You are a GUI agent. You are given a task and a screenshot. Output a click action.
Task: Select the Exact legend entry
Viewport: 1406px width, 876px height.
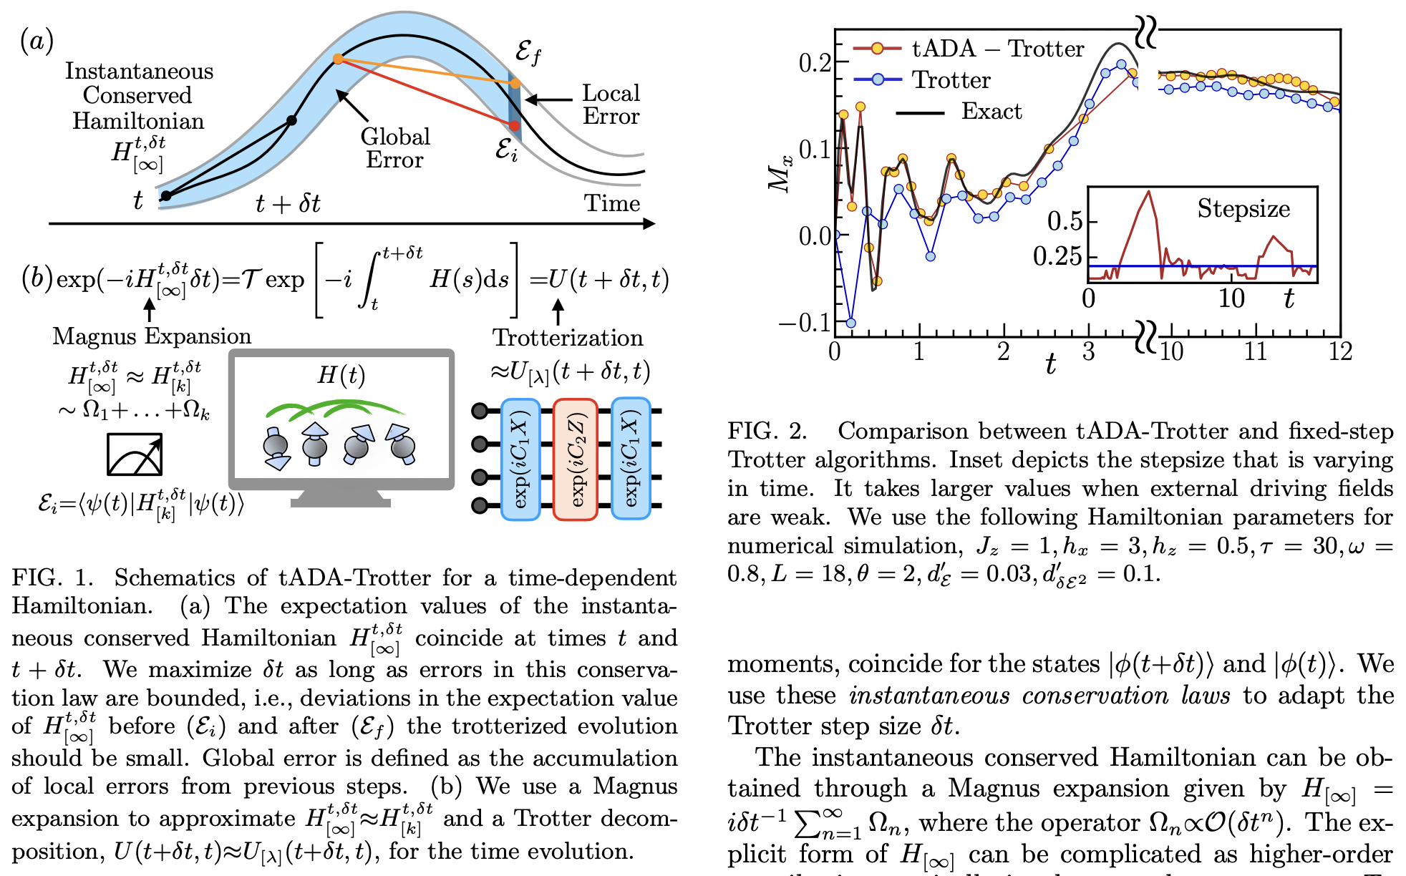click(x=991, y=112)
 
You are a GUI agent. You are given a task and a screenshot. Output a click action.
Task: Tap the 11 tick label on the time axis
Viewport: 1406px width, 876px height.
click(x=1255, y=352)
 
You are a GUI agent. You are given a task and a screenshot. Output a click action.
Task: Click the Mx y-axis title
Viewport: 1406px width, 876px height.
click(x=781, y=173)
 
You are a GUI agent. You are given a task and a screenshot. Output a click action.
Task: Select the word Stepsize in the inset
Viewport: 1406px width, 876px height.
click(x=1243, y=209)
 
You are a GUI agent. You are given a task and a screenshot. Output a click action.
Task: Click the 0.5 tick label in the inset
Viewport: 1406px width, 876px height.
click(x=1065, y=221)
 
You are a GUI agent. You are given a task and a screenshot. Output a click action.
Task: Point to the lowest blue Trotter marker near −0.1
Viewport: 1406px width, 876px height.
click(x=850, y=323)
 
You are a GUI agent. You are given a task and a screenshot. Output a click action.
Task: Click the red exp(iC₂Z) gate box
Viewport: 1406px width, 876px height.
click(x=576, y=459)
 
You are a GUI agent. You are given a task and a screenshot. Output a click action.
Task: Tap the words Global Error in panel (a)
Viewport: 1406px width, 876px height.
click(x=394, y=148)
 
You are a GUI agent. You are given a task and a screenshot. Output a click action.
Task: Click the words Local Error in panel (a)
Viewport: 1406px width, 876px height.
click(x=610, y=104)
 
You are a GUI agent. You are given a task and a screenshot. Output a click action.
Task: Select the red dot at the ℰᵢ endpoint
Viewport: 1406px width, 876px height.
click(x=514, y=126)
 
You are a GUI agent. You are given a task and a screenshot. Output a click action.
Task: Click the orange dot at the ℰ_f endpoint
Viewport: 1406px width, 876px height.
click(x=515, y=84)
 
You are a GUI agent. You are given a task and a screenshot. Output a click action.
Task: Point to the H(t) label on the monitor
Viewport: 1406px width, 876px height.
click(x=341, y=375)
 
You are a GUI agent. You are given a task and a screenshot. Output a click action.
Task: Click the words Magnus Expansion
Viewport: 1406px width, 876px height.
click(x=152, y=336)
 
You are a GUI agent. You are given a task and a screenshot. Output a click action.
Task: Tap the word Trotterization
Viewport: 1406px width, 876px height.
click(x=568, y=338)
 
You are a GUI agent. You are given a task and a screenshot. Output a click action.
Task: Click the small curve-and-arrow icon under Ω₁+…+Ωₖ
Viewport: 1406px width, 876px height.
click(x=135, y=454)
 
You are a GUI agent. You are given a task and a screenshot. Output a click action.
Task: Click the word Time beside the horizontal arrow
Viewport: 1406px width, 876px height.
click(x=612, y=203)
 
